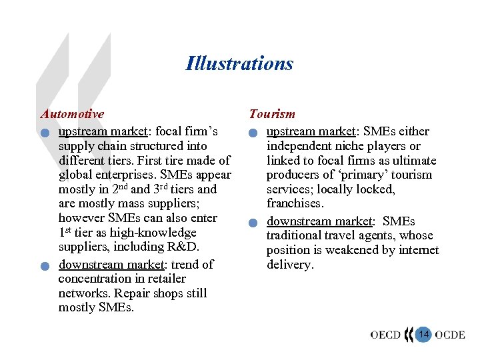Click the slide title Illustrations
coord(239,63)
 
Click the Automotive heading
coord(72,114)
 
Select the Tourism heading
coord(272,114)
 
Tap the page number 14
coord(423,333)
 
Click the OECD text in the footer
coord(386,334)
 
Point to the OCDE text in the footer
coord(450,334)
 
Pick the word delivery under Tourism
coord(290,265)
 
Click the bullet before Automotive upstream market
coord(43,132)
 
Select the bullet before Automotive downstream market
coord(43,266)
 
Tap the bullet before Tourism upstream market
coord(252,132)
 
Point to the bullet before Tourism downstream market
coord(252,223)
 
